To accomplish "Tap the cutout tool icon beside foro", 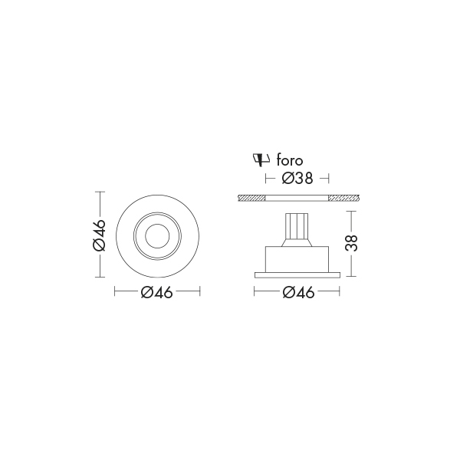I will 261,159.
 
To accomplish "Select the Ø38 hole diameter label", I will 297,179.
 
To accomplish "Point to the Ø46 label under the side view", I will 297,291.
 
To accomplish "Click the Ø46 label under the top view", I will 157,291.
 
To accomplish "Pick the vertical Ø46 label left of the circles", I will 99,235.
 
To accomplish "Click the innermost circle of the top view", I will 157,235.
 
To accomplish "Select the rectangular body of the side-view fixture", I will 297,258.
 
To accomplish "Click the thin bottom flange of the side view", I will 297,274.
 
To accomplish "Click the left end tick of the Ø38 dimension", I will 264,179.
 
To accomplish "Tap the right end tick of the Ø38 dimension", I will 329,179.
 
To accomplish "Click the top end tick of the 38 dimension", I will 350,212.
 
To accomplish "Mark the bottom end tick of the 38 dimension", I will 350,277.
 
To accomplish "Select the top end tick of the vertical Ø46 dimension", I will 100,191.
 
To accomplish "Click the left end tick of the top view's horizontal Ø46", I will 114,291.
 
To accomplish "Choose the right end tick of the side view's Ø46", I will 340,291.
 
